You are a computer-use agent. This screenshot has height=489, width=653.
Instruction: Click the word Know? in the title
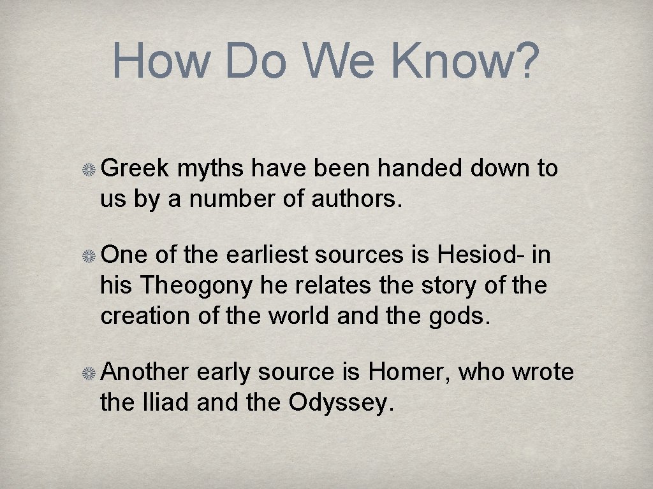[x=465, y=60]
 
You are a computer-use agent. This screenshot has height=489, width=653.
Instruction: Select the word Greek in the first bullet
[x=135, y=168]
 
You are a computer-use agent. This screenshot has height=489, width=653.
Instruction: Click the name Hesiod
[x=479, y=255]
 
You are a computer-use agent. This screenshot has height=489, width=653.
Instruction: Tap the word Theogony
[x=196, y=286]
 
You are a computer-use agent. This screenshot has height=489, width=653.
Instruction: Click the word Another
[x=145, y=372]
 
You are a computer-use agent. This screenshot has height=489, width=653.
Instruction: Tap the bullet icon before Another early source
[x=89, y=372]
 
